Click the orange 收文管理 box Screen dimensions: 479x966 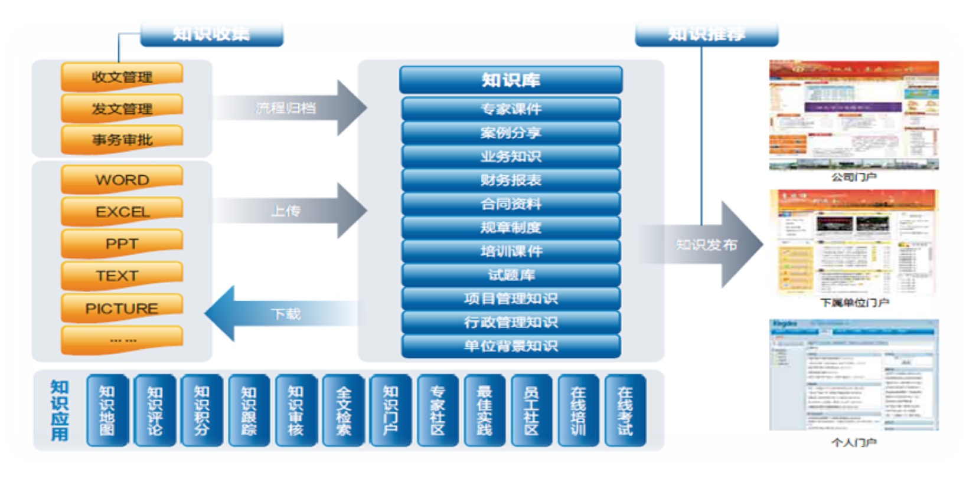click(x=122, y=77)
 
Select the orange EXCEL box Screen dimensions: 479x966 click(x=122, y=211)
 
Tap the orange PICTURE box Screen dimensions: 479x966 click(x=122, y=308)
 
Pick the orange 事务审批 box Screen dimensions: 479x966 click(x=122, y=139)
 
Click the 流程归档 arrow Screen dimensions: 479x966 click(x=289, y=108)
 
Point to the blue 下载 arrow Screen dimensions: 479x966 click(x=283, y=313)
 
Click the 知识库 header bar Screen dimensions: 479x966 click(x=511, y=80)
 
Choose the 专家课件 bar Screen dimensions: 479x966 click(x=511, y=109)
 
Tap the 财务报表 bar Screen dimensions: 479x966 click(x=511, y=180)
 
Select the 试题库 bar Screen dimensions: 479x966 click(x=511, y=275)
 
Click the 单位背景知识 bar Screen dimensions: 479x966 click(x=511, y=346)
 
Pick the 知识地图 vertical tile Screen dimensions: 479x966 click(x=107, y=410)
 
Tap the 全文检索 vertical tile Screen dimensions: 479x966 click(x=343, y=410)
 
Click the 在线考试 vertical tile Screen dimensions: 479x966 click(x=625, y=410)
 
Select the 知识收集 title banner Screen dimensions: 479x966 click(x=211, y=34)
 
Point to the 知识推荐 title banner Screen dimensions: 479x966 click(x=706, y=34)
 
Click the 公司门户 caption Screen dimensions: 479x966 click(x=854, y=177)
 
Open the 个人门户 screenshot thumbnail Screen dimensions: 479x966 click(x=854, y=375)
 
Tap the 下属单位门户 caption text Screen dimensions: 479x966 click(x=854, y=303)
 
